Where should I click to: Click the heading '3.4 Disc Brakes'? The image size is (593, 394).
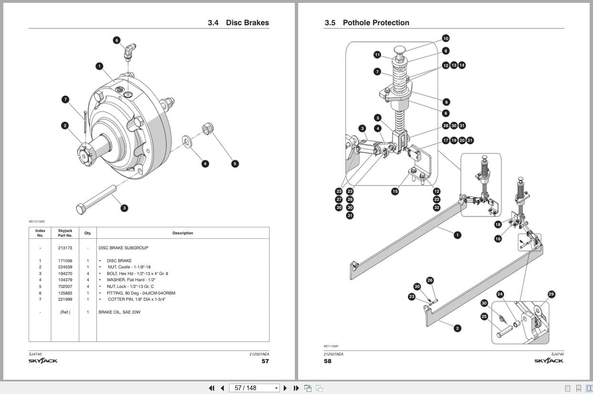click(x=238, y=23)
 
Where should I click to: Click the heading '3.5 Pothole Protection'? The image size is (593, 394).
click(x=367, y=23)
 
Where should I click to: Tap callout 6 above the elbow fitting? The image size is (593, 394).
click(x=117, y=40)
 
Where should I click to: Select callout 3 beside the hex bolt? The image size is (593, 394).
click(x=124, y=208)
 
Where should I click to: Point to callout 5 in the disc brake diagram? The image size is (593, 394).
click(x=234, y=164)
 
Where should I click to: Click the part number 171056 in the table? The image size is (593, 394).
click(x=65, y=261)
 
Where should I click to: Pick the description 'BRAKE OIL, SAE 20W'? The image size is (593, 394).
click(x=119, y=312)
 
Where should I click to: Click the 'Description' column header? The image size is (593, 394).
click(x=182, y=233)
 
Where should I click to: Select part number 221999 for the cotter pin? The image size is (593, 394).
click(x=65, y=299)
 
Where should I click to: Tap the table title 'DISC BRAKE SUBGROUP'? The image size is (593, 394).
click(x=123, y=248)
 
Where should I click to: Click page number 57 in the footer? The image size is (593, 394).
click(x=265, y=361)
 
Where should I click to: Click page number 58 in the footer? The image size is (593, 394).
click(x=328, y=361)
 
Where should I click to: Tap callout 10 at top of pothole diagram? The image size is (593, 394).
click(x=445, y=39)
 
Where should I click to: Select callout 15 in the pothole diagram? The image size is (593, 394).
click(x=395, y=191)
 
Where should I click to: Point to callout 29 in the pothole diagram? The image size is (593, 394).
click(x=551, y=294)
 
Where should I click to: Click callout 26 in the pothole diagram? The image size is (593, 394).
click(x=430, y=281)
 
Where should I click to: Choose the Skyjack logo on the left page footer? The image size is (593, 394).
click(x=43, y=361)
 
